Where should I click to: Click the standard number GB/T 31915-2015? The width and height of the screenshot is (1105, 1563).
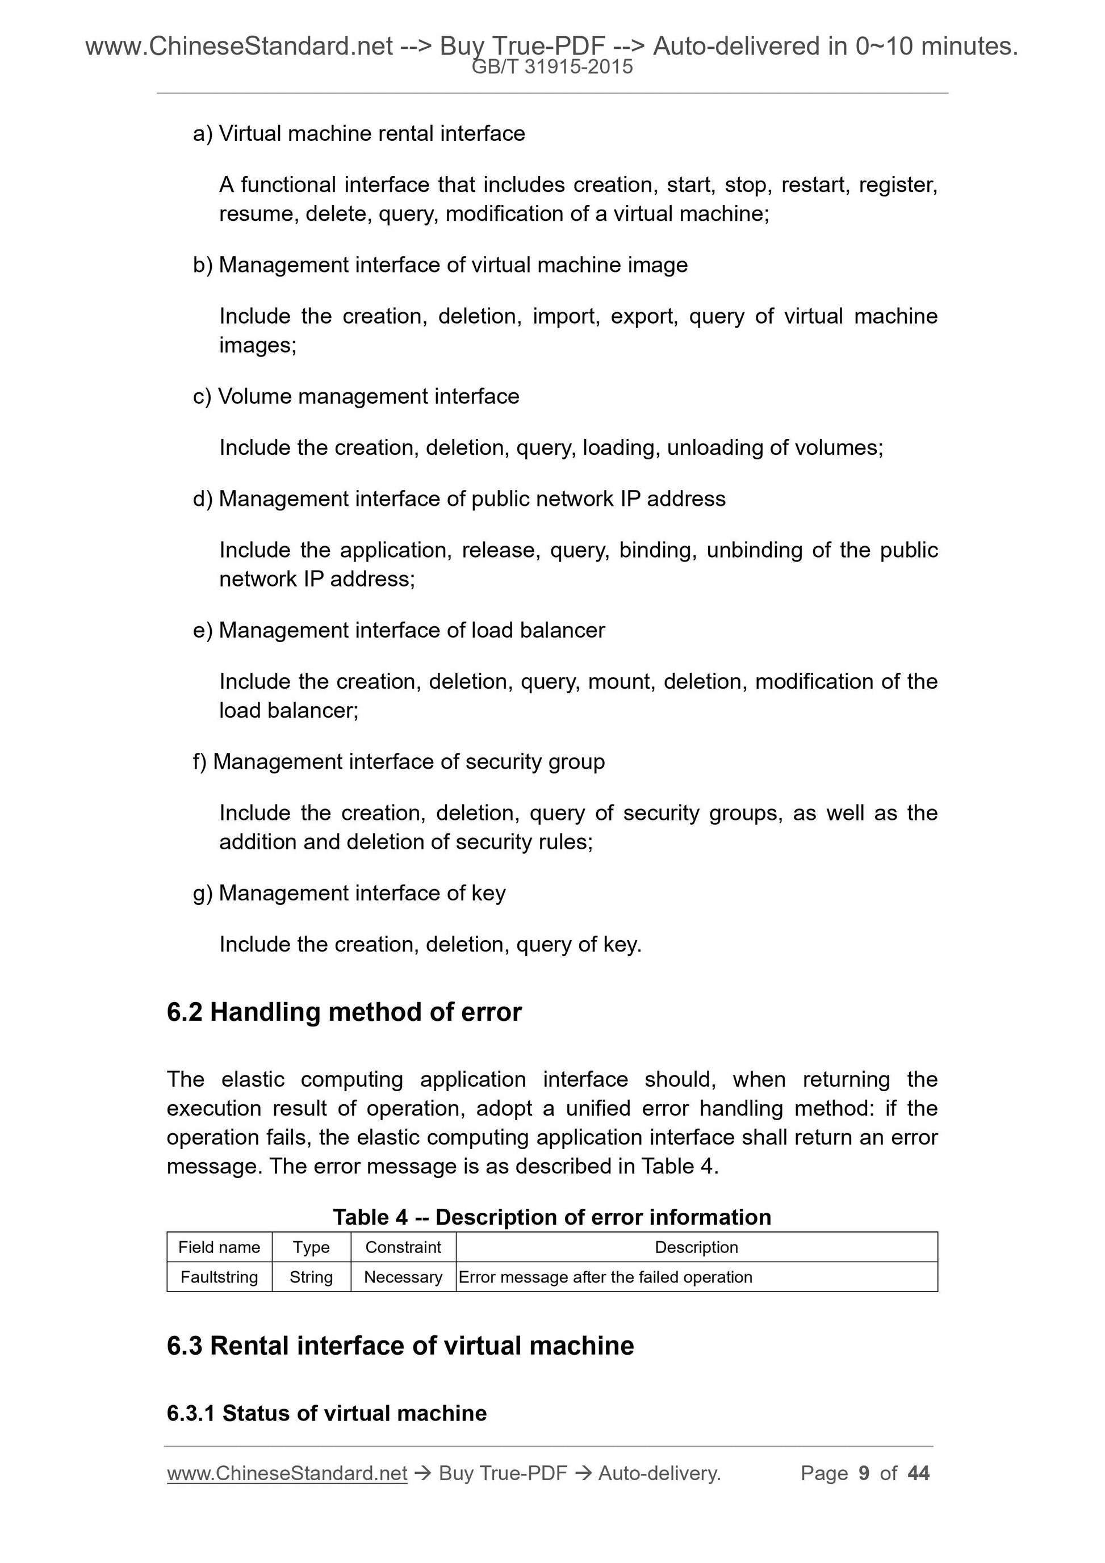(552, 67)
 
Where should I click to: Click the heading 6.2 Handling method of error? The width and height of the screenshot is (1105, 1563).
(344, 1012)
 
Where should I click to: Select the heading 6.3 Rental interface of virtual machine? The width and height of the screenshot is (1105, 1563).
(400, 1346)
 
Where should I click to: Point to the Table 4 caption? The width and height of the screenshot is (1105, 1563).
(551, 1217)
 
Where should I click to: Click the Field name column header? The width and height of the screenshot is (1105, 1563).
(219, 1247)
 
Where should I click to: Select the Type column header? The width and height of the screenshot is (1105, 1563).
(311, 1247)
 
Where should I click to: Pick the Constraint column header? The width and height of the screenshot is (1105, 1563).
(403, 1247)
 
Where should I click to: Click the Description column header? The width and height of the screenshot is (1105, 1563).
(696, 1247)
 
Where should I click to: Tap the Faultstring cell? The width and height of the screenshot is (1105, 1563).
(219, 1277)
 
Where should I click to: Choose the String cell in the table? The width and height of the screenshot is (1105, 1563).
(311, 1277)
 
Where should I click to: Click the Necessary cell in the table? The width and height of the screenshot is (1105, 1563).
(403, 1277)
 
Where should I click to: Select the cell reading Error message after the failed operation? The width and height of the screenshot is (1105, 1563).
(605, 1277)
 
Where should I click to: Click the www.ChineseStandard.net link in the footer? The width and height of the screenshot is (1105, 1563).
(287, 1473)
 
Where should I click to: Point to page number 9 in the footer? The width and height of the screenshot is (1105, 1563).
(864, 1473)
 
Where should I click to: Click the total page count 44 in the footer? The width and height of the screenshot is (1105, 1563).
(918, 1473)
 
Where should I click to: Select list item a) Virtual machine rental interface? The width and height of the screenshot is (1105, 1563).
(359, 133)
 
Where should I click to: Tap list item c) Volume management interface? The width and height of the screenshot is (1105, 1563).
(355, 396)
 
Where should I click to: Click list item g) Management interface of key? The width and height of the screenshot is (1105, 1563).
(349, 893)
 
